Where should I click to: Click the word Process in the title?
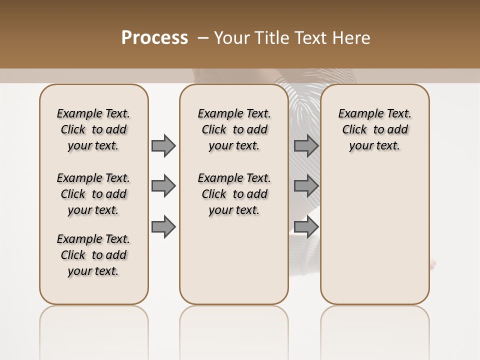pyautogui.click(x=154, y=37)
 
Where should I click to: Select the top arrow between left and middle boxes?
pyautogui.click(x=163, y=145)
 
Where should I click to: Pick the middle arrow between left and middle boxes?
pyautogui.click(x=163, y=186)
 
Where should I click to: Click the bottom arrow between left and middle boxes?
pyautogui.click(x=163, y=226)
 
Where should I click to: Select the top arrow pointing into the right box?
pyautogui.click(x=306, y=145)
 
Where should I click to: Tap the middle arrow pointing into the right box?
pyautogui.click(x=306, y=186)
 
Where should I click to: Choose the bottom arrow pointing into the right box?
pyautogui.click(x=306, y=226)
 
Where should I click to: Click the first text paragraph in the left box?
pyautogui.click(x=93, y=129)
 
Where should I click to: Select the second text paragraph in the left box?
pyautogui.click(x=93, y=194)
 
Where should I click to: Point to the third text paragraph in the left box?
pyautogui.click(x=93, y=255)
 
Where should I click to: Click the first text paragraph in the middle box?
pyautogui.click(x=234, y=129)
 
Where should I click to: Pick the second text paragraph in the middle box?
pyautogui.click(x=234, y=194)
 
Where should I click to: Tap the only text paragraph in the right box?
pyautogui.click(x=374, y=129)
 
